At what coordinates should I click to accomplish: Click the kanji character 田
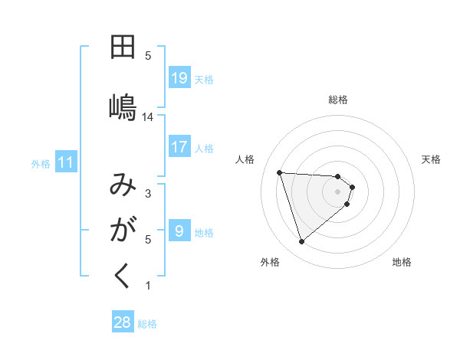pyautogui.click(x=123, y=47)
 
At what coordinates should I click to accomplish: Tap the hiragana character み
pyautogui.click(x=123, y=187)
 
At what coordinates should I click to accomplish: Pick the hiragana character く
pyautogui.click(x=123, y=276)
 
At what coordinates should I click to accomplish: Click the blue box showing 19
pyautogui.click(x=179, y=78)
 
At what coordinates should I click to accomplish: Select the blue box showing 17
pyautogui.click(x=179, y=147)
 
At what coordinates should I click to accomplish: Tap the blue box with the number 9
pyautogui.click(x=179, y=231)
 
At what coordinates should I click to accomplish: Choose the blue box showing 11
pyautogui.click(x=66, y=162)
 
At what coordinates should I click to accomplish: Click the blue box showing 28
pyautogui.click(x=123, y=322)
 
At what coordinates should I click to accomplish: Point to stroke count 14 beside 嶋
pyautogui.click(x=148, y=117)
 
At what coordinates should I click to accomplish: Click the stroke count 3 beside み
pyautogui.click(x=148, y=194)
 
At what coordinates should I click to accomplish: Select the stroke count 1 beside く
pyautogui.click(x=148, y=286)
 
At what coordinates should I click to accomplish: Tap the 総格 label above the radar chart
pyautogui.click(x=338, y=100)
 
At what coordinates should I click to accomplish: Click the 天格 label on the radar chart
pyautogui.click(x=432, y=159)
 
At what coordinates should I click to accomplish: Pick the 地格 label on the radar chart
pyautogui.click(x=402, y=262)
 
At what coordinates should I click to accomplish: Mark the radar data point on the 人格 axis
pyautogui.click(x=280, y=172)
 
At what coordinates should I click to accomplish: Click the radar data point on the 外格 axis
pyautogui.click(x=302, y=242)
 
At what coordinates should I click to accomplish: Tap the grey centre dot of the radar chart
pyautogui.click(x=338, y=201)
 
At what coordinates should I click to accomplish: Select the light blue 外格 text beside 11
pyautogui.click(x=41, y=163)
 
